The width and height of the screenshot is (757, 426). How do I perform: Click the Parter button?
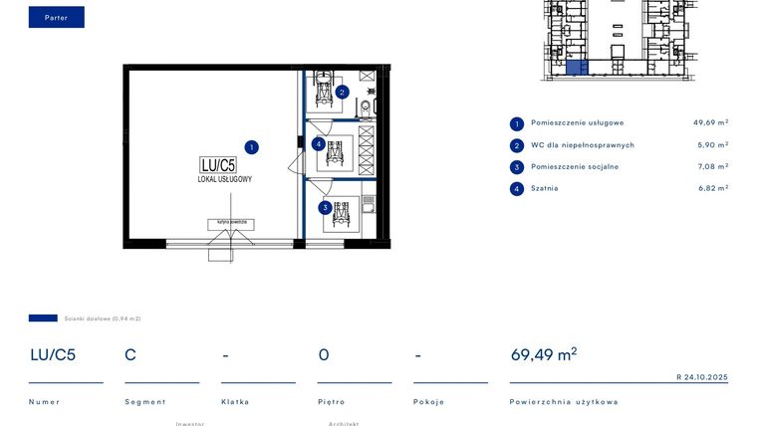(56, 17)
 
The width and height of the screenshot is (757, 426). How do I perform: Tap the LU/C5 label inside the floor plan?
(218, 165)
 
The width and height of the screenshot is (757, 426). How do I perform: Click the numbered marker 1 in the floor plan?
(252, 146)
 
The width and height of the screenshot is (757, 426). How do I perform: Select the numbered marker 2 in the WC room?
(342, 92)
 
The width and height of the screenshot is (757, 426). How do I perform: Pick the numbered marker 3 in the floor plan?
(325, 208)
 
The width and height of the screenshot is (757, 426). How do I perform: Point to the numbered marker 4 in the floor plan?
(318, 144)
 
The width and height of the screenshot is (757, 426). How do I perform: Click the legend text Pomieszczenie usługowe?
(577, 123)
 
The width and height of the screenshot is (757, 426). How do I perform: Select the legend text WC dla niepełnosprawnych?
(582, 145)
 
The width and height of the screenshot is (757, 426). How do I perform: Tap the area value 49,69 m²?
(710, 123)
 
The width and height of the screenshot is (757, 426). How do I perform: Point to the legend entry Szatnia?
(544, 188)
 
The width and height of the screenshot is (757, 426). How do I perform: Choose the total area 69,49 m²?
(544, 353)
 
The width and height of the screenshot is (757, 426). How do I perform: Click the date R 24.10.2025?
(702, 377)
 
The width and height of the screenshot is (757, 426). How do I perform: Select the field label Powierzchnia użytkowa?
(563, 402)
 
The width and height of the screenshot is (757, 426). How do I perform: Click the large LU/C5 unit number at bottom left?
(53, 354)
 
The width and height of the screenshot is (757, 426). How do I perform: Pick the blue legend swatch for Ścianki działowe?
(43, 319)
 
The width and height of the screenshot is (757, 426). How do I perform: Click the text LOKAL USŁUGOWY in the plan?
(224, 179)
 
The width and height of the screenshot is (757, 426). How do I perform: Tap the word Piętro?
(331, 402)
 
